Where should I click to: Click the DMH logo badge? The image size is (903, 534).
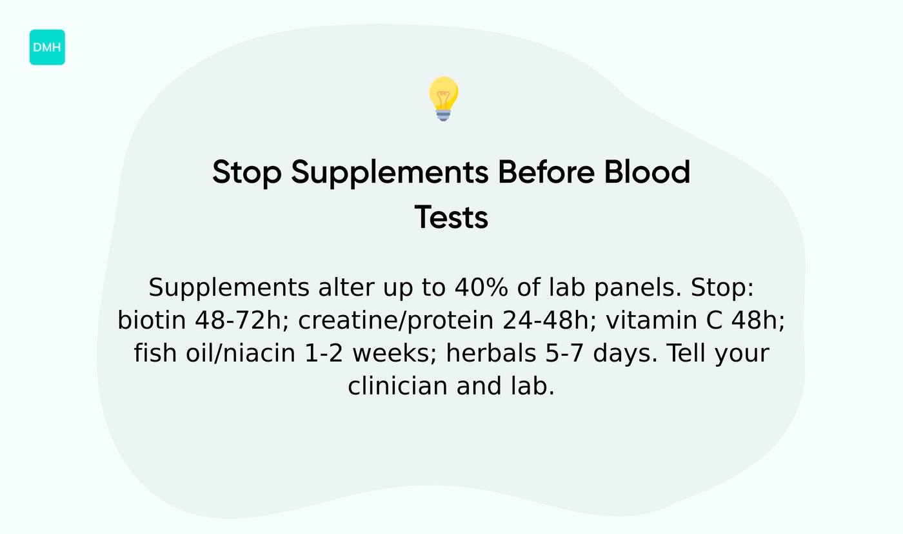[47, 47]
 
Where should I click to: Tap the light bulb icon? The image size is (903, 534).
[443, 97]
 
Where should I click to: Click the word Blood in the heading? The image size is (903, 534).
[647, 173]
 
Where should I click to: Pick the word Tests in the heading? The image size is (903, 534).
[451, 218]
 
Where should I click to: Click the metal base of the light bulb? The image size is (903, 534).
[443, 115]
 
